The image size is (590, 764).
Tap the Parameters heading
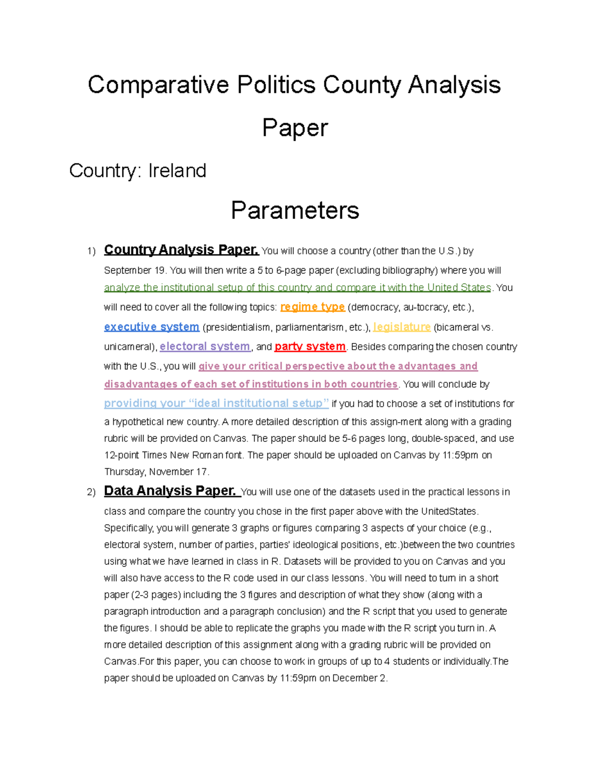[x=295, y=210]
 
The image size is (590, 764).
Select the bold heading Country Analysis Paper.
[x=181, y=250]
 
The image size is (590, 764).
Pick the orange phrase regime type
[x=312, y=307]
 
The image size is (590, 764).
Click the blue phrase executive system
[x=151, y=327]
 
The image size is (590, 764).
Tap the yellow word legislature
[x=402, y=327]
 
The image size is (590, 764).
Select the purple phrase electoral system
[x=205, y=346]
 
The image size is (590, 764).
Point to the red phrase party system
[x=310, y=346]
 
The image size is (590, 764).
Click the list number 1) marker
[x=91, y=251]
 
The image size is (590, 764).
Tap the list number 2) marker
[x=91, y=492]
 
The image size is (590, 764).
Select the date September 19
[x=135, y=271]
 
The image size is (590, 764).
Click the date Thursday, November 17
[x=156, y=472]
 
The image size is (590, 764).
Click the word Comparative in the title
[x=158, y=85]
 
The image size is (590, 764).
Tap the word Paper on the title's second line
[x=295, y=128]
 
